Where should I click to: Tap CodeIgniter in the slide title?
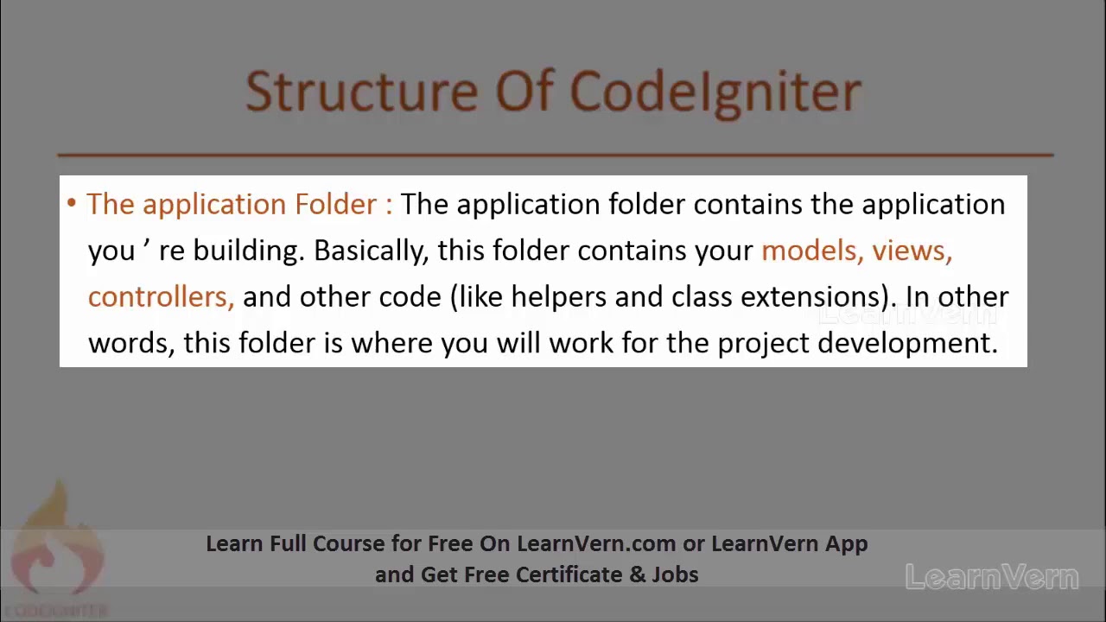coord(715,92)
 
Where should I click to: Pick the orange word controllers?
coord(161,297)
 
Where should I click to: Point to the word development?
coord(907,344)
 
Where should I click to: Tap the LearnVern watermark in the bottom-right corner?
coord(992,577)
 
